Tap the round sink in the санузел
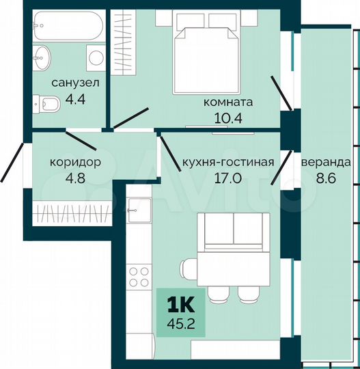[x=47, y=55]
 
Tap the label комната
[x=228, y=102]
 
